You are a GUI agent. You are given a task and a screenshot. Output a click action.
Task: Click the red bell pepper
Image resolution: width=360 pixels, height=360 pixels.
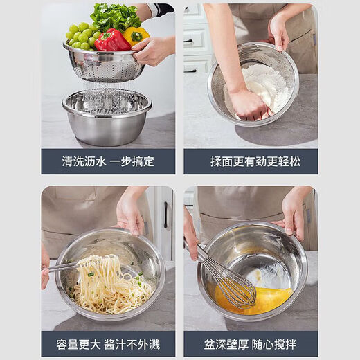[x=111, y=41]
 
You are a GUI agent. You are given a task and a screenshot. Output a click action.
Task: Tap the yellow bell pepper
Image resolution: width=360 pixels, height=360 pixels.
[x=135, y=35]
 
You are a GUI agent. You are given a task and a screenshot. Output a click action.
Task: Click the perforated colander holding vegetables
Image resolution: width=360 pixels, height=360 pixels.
[x=104, y=66]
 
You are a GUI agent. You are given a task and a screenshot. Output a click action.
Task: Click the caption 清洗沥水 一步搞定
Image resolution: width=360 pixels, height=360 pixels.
[x=108, y=161]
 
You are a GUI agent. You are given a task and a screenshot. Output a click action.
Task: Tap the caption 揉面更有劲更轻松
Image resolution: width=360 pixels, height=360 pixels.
[x=250, y=161]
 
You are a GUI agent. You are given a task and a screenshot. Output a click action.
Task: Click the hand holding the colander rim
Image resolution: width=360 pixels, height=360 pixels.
[x=152, y=51]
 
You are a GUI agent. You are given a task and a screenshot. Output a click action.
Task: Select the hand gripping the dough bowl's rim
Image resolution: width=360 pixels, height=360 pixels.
[x=278, y=31]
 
